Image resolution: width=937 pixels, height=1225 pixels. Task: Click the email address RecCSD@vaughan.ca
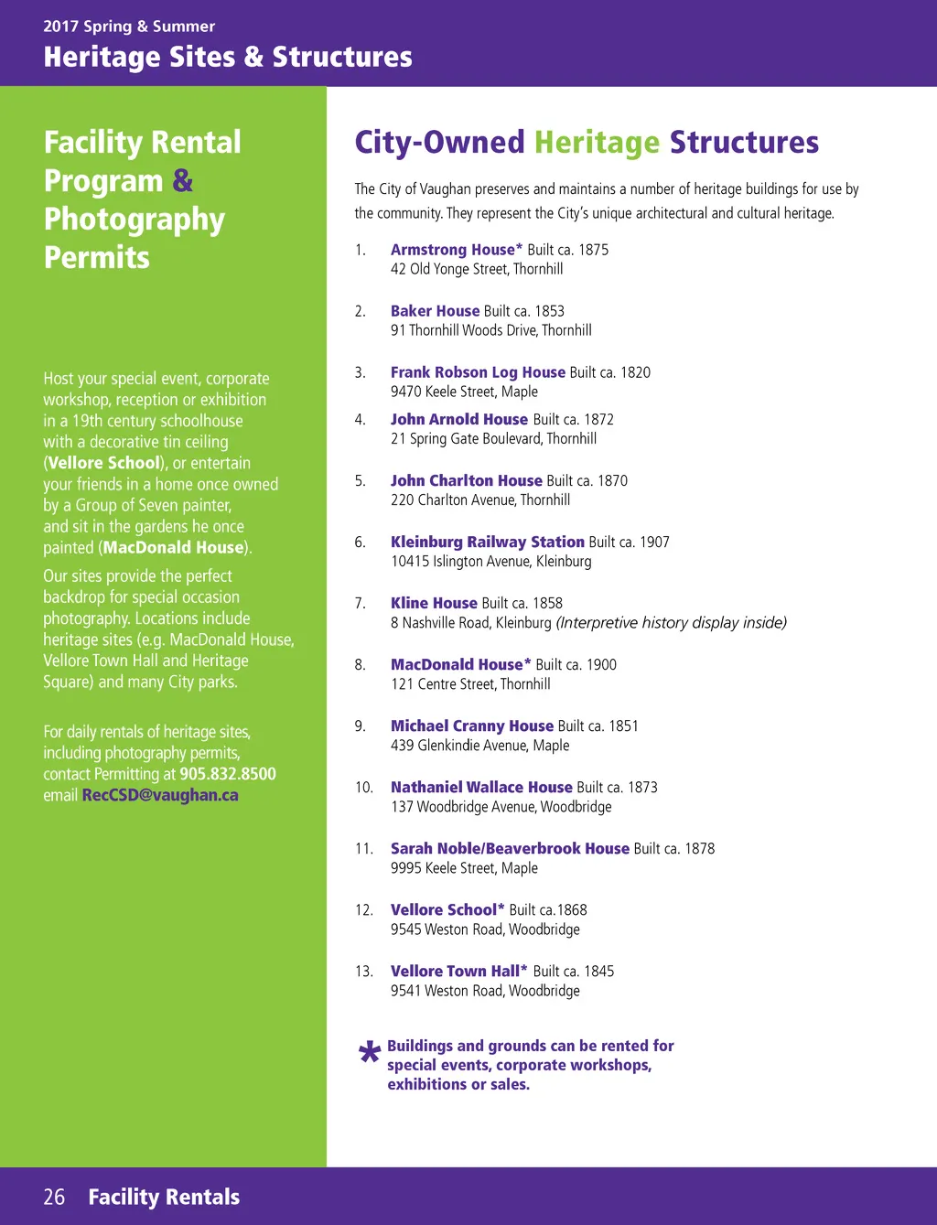coord(160,795)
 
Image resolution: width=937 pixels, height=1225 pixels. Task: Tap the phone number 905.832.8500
coord(228,774)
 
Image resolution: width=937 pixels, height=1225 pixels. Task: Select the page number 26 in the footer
coord(54,1197)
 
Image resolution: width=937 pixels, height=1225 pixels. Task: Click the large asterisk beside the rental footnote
coord(370,1055)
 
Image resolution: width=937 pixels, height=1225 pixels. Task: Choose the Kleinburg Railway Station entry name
coord(487,542)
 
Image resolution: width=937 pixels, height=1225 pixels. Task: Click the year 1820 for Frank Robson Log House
coord(635,372)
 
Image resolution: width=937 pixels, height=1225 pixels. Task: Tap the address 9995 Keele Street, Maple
coord(464,868)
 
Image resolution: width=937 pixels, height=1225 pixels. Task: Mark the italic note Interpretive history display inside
coord(672,623)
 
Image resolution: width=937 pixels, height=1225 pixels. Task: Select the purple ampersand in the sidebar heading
coord(183,181)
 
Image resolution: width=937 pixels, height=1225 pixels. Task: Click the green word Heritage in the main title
coord(597,143)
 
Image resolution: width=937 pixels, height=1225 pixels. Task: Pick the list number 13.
coord(363,972)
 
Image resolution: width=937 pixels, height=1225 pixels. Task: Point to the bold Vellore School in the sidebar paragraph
coord(103,463)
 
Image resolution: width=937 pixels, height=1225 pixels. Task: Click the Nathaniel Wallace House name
coord(481,787)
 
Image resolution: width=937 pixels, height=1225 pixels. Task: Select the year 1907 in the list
coord(654,543)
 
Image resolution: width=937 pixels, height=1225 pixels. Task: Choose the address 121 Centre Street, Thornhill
coord(470,684)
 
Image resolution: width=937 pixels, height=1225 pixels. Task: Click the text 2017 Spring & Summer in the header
coord(129,27)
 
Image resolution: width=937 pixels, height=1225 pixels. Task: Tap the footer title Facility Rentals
coord(164,1197)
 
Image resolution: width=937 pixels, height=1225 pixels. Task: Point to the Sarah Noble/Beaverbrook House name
coord(510,848)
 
